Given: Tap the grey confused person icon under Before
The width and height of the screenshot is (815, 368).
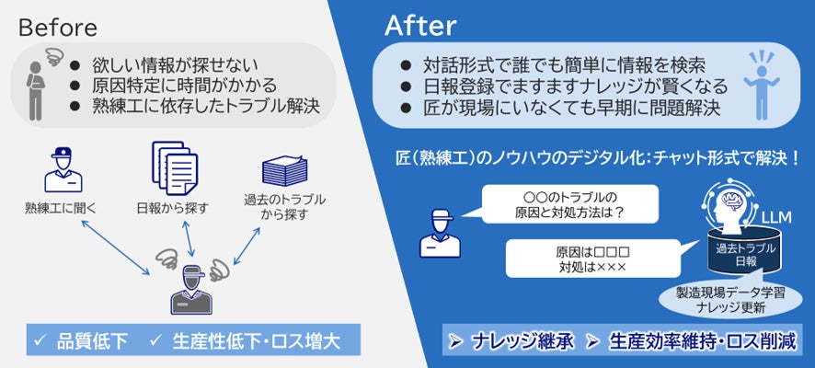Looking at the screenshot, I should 36,87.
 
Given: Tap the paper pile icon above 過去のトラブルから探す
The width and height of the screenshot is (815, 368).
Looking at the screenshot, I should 286,171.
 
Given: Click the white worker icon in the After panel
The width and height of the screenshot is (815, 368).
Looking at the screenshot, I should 439,231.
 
